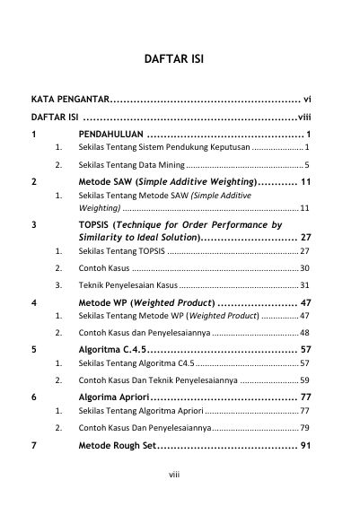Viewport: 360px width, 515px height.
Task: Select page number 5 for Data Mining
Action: click(307, 165)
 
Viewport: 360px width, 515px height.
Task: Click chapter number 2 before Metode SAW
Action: click(33, 181)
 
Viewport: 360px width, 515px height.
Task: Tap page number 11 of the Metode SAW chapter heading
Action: click(305, 181)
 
